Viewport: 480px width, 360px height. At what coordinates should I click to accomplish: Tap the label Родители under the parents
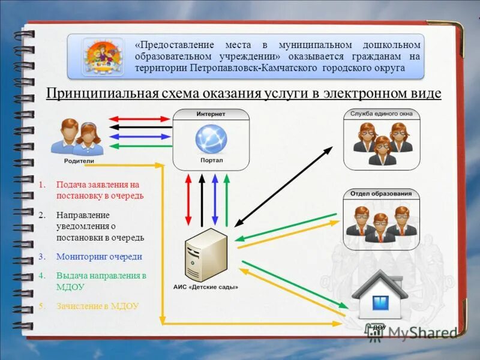(x=79, y=161)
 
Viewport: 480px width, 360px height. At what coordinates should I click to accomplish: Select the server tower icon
(x=206, y=254)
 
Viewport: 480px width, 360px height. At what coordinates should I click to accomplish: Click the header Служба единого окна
(x=382, y=113)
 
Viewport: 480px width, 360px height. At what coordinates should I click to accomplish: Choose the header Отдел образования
(x=382, y=193)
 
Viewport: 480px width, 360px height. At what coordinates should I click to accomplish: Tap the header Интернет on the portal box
(x=211, y=114)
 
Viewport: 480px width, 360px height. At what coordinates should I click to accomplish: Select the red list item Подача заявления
(x=100, y=190)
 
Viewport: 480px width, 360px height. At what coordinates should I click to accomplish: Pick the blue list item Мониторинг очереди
(x=99, y=256)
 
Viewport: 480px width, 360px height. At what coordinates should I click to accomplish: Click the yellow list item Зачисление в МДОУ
(x=97, y=305)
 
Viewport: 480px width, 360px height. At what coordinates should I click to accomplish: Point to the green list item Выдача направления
(x=101, y=281)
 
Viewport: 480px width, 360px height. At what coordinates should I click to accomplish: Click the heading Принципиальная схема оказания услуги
(x=244, y=94)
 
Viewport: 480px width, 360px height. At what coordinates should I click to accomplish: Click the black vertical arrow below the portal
(x=202, y=200)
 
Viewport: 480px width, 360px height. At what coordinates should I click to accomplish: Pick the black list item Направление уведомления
(x=100, y=226)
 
